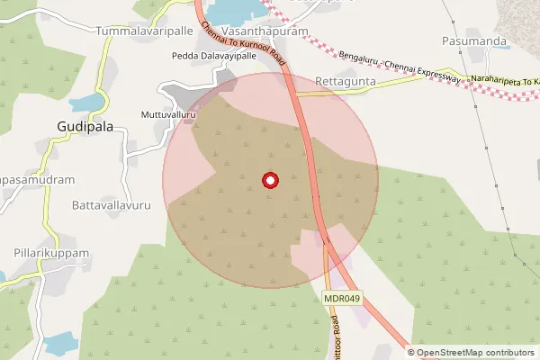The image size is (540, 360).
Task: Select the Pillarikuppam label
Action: pyautogui.click(x=51, y=254)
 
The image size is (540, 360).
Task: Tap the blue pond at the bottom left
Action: pyautogui.click(x=61, y=343)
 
